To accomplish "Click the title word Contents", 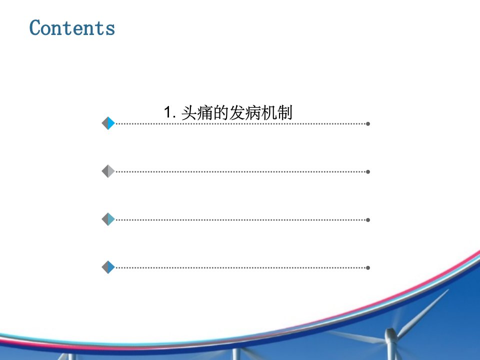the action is click(72, 27).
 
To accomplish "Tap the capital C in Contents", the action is click(35, 27).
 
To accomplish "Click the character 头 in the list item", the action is click(189, 112).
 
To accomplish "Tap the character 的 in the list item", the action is click(220, 112).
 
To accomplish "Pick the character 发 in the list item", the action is click(236, 112).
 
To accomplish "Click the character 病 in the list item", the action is click(252, 112).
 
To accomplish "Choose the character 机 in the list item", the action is click(268, 112).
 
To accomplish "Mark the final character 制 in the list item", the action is click(284, 112).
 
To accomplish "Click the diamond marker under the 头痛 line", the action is click(108, 123).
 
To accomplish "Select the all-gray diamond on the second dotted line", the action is click(108, 171).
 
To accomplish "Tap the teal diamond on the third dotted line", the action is click(108, 219).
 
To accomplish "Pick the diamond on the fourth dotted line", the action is click(108, 267).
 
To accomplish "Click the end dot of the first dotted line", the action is click(368, 123).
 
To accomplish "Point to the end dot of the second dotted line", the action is click(368, 171).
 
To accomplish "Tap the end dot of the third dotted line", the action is click(368, 220).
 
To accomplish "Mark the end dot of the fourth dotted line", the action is click(368, 267).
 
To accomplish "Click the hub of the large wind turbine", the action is click(391, 334).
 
